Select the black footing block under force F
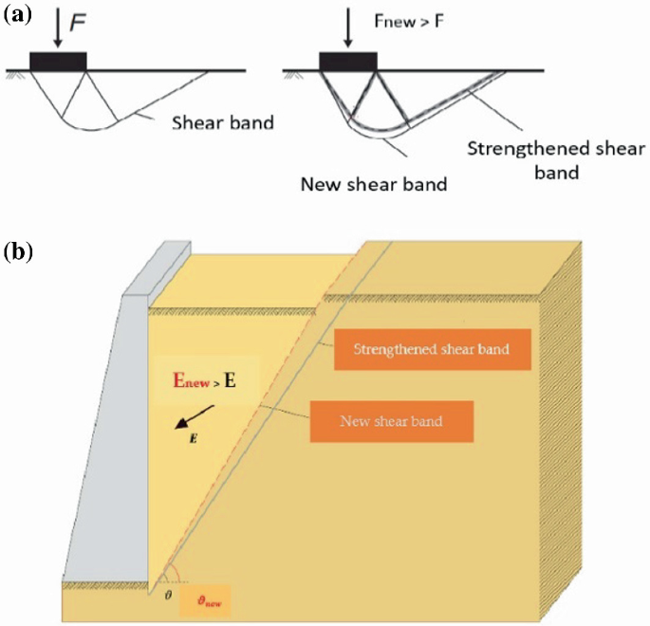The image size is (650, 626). pyautogui.click(x=58, y=61)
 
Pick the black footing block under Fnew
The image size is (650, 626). pyautogui.click(x=348, y=61)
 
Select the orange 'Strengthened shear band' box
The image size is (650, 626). pyautogui.click(x=431, y=350)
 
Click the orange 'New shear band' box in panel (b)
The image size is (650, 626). pyautogui.click(x=391, y=418)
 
